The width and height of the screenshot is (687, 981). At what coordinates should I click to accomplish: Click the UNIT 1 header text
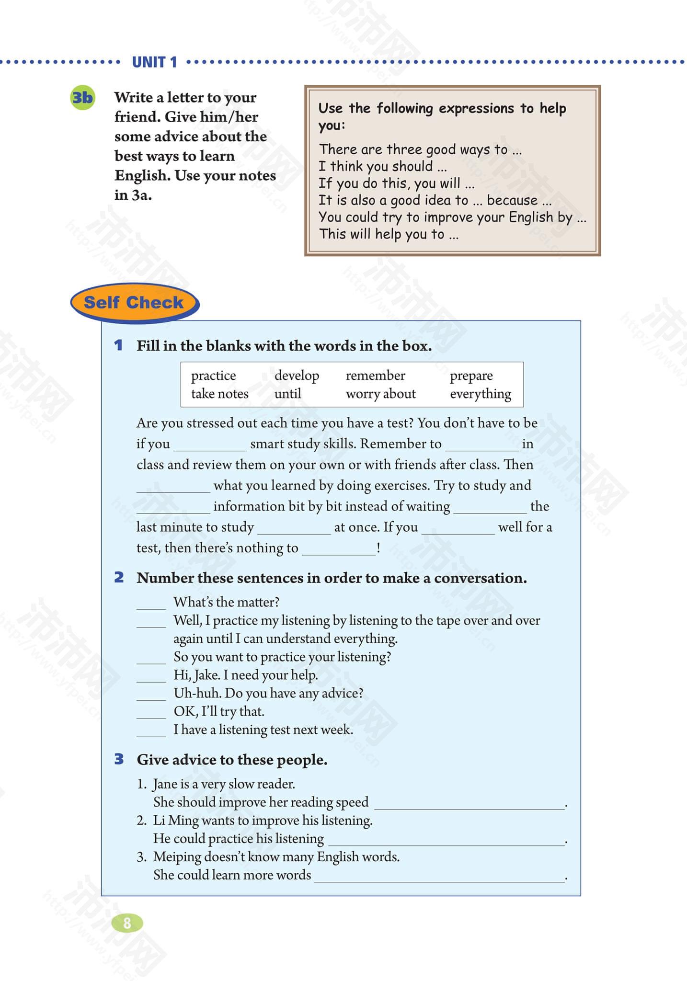[154, 62]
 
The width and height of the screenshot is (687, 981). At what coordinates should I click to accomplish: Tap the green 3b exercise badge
[82, 98]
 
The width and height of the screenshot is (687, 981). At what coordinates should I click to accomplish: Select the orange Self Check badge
[134, 303]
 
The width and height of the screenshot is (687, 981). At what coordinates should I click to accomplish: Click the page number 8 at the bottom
[127, 923]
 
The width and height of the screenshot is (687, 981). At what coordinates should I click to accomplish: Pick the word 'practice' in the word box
[213, 376]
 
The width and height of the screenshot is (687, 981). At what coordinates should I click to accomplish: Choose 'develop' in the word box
[297, 376]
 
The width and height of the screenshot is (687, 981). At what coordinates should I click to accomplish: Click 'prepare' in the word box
[471, 376]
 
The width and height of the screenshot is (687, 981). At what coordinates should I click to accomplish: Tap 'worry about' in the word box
[380, 394]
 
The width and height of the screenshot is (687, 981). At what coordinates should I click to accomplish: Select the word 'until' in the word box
[287, 394]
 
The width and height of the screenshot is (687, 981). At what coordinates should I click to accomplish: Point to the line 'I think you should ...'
[382, 166]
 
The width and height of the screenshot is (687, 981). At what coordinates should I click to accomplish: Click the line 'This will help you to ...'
[389, 234]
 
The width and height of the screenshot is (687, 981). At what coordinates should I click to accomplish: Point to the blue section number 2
[119, 578]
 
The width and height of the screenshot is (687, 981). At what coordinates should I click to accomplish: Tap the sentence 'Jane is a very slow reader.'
[224, 784]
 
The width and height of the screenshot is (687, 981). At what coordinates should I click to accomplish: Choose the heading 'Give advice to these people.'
[232, 760]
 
